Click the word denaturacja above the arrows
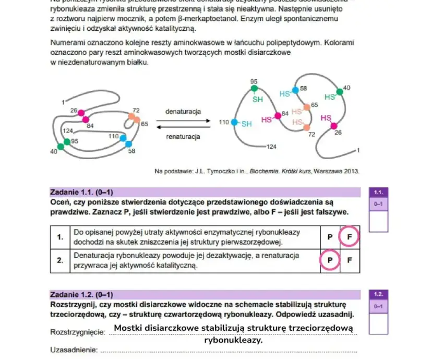click(x=183, y=112)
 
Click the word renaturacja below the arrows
click(x=183, y=137)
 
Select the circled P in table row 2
click(x=330, y=260)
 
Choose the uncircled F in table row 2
click(x=350, y=260)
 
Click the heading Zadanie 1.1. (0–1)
click(x=81, y=191)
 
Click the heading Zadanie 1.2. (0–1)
click(x=81, y=295)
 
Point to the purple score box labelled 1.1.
click(x=378, y=192)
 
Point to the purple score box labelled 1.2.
click(x=378, y=294)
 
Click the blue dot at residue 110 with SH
click(x=234, y=123)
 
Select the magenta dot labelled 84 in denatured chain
click(x=278, y=114)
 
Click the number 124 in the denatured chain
click(x=271, y=147)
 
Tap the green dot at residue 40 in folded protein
click(x=61, y=147)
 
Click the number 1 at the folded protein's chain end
click(x=63, y=101)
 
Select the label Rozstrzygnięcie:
click(x=78, y=332)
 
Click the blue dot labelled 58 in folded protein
click(x=129, y=144)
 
